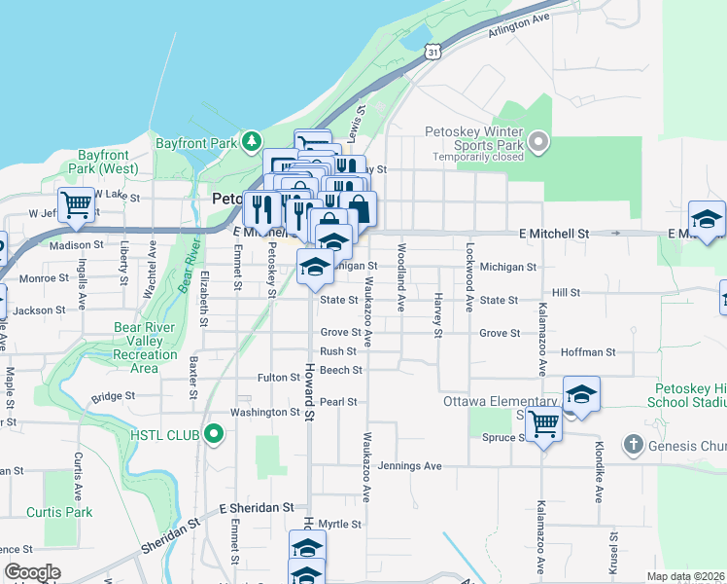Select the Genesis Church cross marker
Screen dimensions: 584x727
[633, 445]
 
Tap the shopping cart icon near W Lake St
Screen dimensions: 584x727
[76, 203]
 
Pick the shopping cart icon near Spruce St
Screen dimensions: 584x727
[544, 423]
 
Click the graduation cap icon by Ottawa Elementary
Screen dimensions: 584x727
[581, 393]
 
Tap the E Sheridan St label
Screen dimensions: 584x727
[256, 508]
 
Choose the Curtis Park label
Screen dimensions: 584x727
[59, 512]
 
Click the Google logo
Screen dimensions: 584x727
[32, 572]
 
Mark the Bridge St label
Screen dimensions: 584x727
[114, 397]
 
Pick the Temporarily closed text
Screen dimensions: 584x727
[473, 156]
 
